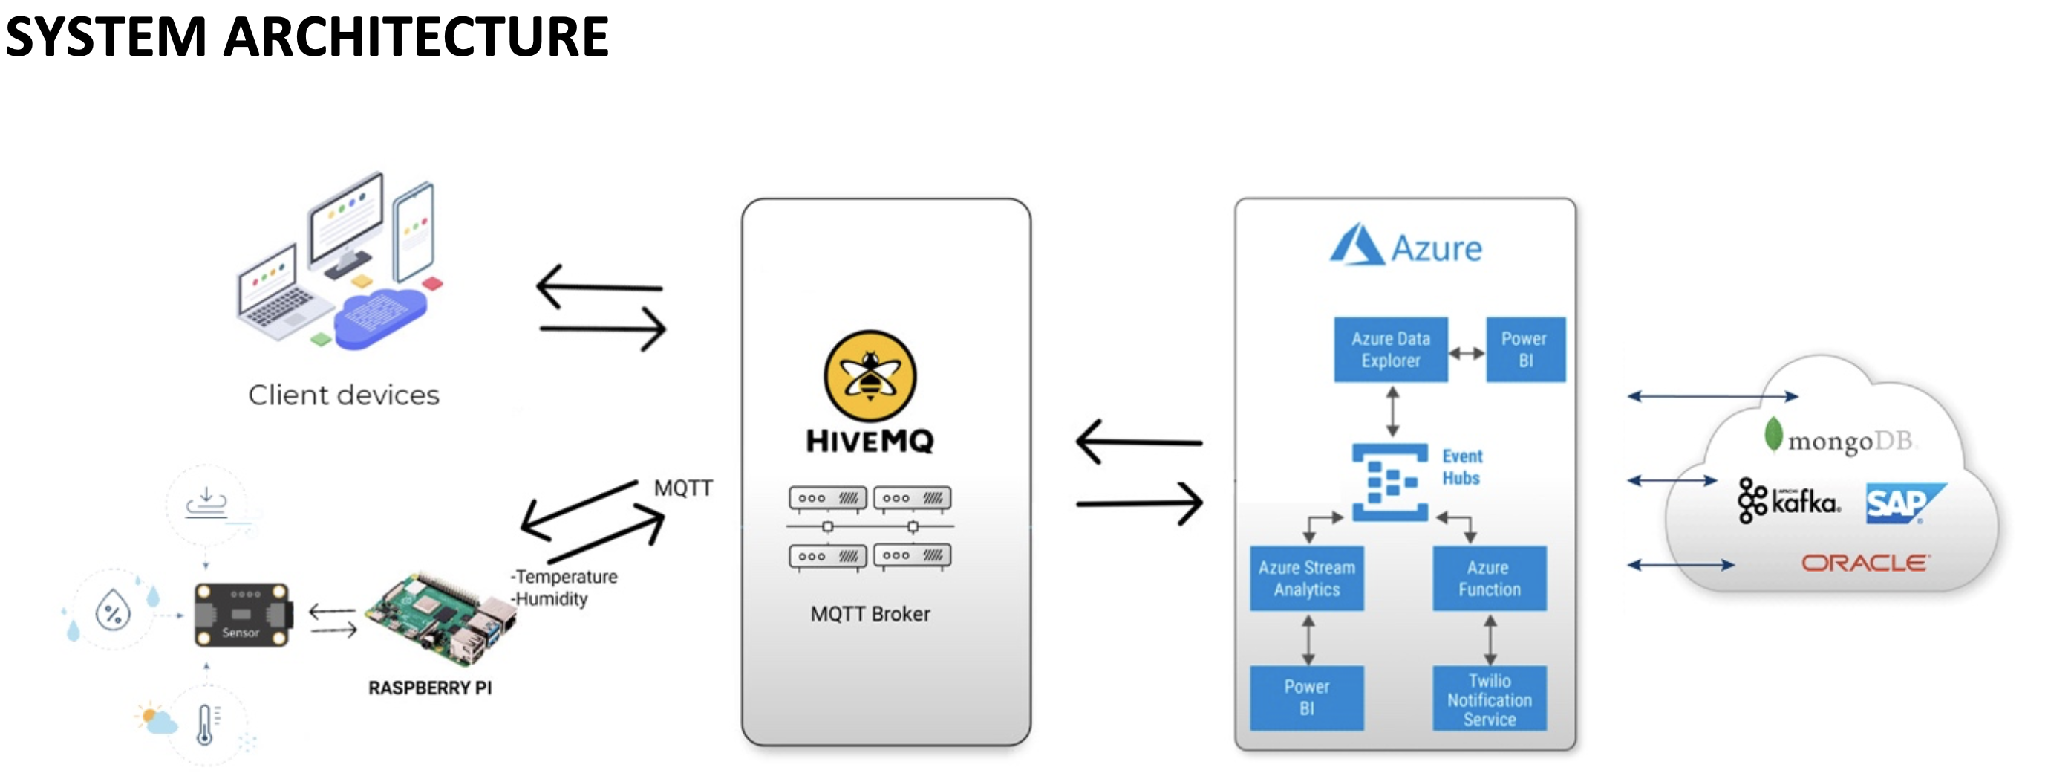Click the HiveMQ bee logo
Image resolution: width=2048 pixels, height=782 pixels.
pos(870,375)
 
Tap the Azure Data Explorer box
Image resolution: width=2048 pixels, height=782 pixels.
pos(1391,350)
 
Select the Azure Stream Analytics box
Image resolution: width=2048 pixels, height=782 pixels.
pos(1306,578)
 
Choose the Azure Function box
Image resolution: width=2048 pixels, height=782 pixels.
pos(1489,578)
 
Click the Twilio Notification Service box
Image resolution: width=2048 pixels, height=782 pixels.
pos(1489,699)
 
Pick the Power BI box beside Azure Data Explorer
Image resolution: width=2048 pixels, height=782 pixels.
pos(1526,350)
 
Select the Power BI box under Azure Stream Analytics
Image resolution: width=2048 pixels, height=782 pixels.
pos(1306,699)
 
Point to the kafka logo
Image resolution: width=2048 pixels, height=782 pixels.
pos(1789,500)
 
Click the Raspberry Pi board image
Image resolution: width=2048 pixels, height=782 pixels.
pos(440,618)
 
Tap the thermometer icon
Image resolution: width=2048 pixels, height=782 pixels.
pos(206,724)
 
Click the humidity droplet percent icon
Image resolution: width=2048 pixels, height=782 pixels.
pos(113,613)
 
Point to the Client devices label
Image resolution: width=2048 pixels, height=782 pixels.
pos(344,395)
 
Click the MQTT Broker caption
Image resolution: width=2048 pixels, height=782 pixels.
pos(870,614)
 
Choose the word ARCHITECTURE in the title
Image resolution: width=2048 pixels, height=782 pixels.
pos(416,36)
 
